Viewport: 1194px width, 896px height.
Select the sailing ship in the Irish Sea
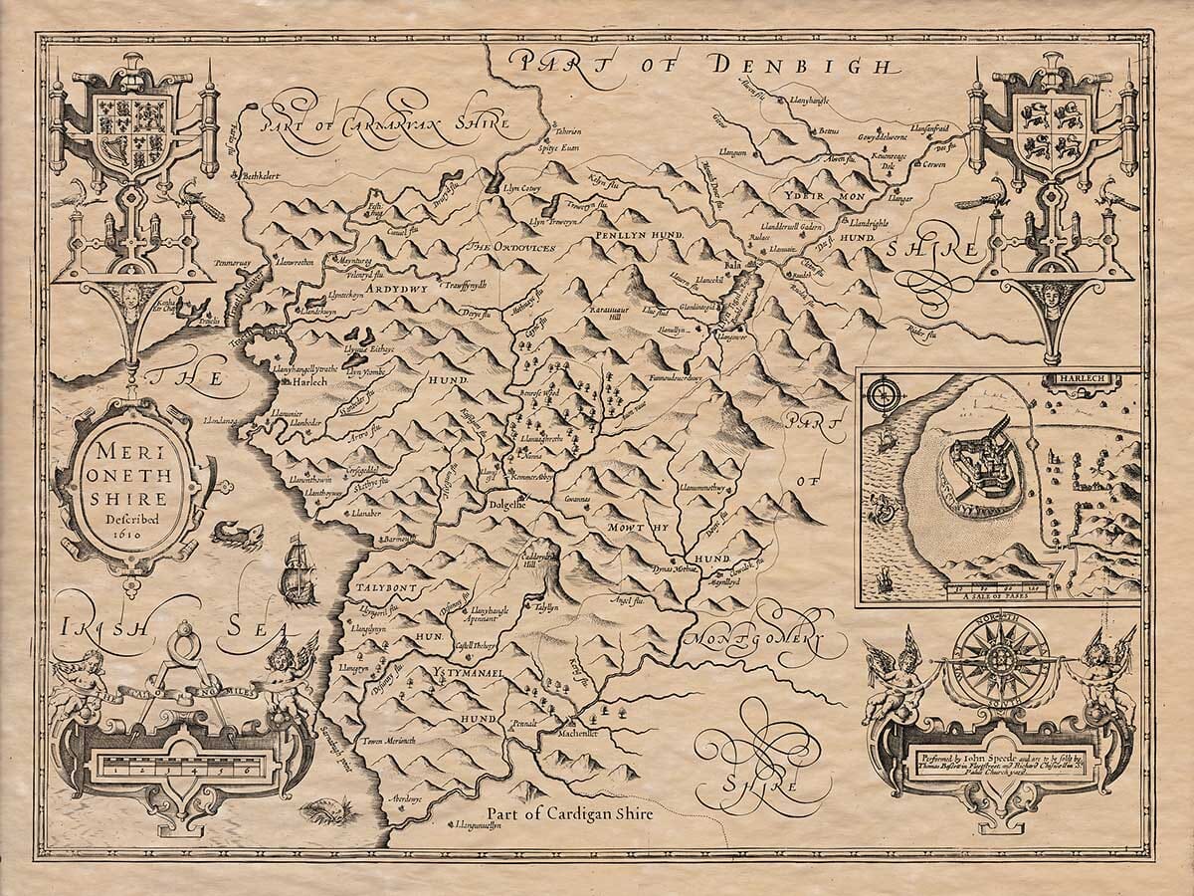tap(298, 569)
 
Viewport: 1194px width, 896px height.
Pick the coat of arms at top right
tap(1056, 120)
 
